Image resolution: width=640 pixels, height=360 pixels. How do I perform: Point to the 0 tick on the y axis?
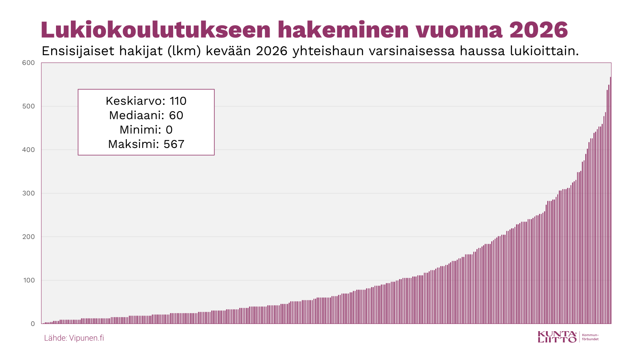(x=33, y=324)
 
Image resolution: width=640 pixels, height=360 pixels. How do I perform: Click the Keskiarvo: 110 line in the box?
(x=146, y=101)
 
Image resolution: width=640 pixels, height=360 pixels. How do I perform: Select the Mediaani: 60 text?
(x=146, y=115)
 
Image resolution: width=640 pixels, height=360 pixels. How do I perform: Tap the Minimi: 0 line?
(x=146, y=130)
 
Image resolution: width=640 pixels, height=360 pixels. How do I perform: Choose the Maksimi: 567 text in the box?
(x=146, y=144)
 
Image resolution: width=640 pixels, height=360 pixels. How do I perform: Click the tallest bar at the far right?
(x=610, y=200)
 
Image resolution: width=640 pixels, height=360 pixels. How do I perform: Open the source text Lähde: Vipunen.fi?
(x=74, y=338)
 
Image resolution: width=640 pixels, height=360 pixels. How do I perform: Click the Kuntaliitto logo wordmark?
(x=557, y=337)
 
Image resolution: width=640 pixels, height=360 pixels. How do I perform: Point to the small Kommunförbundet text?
(x=590, y=337)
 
